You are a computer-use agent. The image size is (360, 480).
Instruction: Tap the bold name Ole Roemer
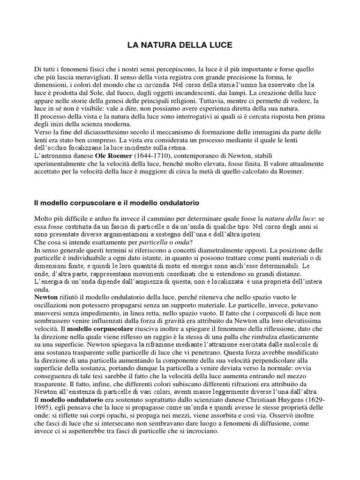[x=115, y=155]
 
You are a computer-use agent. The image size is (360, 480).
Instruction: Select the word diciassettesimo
[x=106, y=132]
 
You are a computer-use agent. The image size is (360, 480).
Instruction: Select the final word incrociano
[x=204, y=429]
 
